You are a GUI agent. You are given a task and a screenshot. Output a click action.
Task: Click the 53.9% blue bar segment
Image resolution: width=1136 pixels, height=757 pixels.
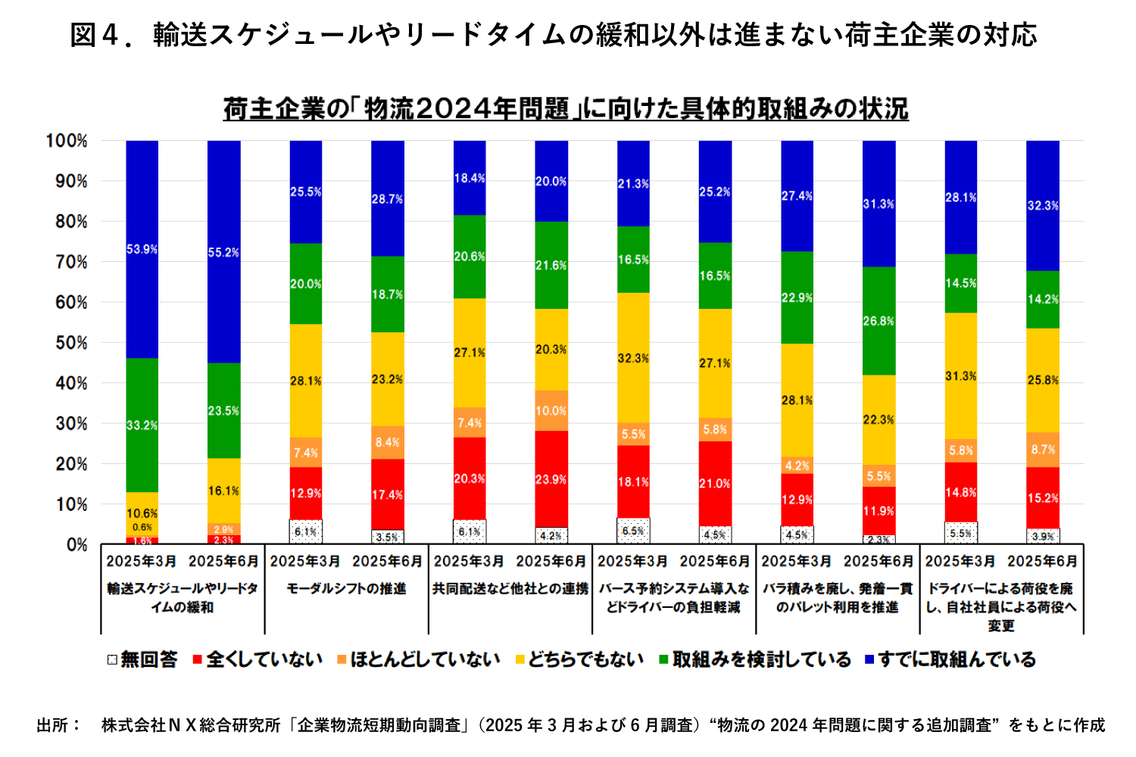coord(142,249)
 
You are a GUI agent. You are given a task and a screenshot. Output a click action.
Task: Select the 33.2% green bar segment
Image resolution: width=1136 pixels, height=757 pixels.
coord(142,425)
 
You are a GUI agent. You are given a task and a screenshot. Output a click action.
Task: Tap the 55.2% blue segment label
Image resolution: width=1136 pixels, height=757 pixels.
coord(223,253)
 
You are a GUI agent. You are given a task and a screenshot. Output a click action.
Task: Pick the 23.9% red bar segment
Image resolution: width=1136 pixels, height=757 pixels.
coord(551,479)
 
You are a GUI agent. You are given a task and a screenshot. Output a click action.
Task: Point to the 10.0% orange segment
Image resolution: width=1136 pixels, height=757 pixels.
coord(551,410)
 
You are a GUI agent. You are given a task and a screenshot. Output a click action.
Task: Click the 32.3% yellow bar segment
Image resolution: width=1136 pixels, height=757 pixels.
coord(633,357)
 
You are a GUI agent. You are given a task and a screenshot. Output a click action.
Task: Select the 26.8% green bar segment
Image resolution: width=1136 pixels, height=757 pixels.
coord(879,321)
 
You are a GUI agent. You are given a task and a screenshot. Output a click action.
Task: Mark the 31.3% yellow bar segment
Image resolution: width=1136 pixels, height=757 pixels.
coord(960,375)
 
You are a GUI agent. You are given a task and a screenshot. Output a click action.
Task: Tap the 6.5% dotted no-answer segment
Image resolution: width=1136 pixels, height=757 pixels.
coord(633,531)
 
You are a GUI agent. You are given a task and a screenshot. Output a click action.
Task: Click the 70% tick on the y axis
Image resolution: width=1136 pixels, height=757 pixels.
coord(67,263)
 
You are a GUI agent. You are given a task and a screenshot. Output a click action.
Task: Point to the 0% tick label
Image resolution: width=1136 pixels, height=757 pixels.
coord(76,545)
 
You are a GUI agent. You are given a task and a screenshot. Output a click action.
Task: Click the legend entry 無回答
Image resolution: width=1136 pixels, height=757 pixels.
coord(142,660)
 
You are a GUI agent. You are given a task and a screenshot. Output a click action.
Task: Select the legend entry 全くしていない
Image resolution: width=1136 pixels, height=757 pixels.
coord(257,660)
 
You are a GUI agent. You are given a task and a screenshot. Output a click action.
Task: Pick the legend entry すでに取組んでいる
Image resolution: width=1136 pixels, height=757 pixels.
coord(950,660)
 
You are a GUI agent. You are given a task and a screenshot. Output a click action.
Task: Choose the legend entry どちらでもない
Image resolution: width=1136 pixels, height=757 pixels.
coord(579,660)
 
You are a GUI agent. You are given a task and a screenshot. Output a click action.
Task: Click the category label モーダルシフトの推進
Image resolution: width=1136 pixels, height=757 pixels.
coord(346,588)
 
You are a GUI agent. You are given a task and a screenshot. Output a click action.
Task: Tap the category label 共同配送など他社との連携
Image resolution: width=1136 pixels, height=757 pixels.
coord(510,588)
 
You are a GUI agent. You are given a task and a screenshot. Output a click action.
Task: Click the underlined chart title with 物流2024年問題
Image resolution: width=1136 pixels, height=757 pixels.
coord(566,109)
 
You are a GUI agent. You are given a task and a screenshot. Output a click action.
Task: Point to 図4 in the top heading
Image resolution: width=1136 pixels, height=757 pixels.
coord(95,35)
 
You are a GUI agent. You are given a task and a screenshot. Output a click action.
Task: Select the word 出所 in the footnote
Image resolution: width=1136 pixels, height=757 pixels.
coord(53,725)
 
